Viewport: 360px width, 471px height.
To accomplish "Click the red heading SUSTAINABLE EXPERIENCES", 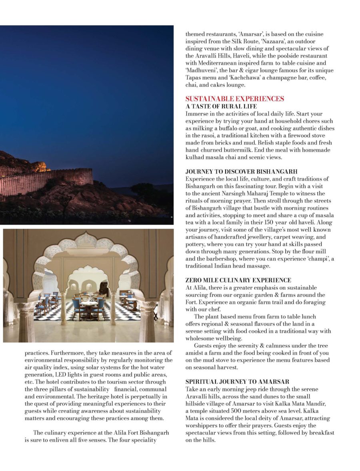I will [234, 99].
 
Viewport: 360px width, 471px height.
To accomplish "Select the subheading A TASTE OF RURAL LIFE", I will [221, 106].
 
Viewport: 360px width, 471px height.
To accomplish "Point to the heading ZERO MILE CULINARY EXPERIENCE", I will [238, 280].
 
